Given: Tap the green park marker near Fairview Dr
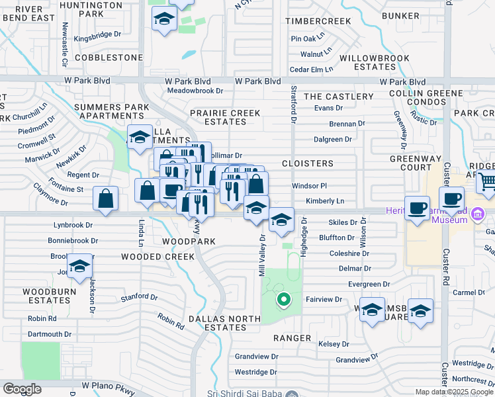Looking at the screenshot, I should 283,300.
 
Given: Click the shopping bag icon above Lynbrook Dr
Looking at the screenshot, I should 106,198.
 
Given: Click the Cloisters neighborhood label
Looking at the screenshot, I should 308,163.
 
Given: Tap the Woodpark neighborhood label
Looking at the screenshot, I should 189,242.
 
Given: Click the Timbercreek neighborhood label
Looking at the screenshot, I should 318,21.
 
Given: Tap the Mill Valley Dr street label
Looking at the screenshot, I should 262,255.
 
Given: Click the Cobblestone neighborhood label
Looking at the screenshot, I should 109,58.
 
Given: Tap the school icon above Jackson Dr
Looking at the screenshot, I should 79,266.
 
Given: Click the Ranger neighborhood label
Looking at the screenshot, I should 292,338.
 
